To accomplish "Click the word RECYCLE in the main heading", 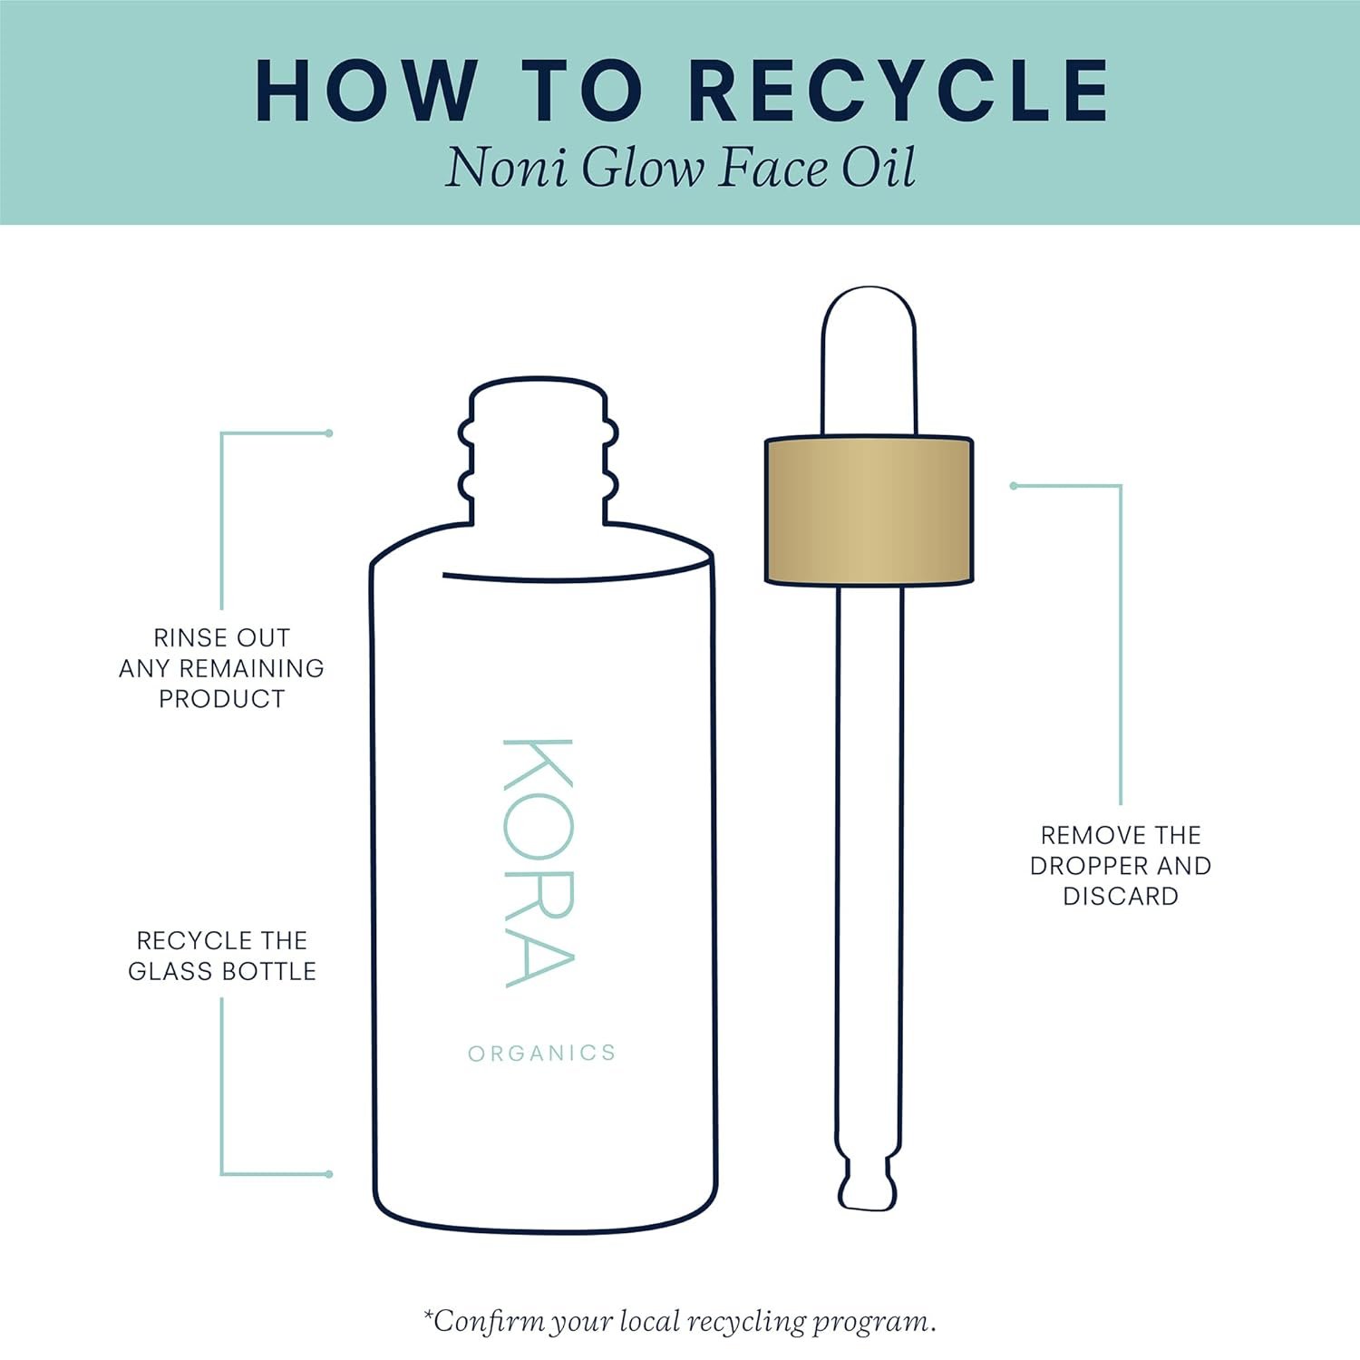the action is tap(899, 90).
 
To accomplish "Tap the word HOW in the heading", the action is tap(364, 90).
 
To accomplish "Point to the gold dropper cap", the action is tap(869, 510).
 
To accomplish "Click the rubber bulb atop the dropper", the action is tap(869, 361).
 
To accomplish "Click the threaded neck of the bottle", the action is tap(538, 451).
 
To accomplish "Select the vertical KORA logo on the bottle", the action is tap(539, 862).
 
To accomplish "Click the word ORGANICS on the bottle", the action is tap(542, 1053).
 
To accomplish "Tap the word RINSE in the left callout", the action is tap(188, 637).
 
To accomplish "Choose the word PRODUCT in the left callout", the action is tap(222, 699).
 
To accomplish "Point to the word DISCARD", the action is tap(1121, 896).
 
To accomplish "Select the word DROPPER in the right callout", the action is tap(1089, 866).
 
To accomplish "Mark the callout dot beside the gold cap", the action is tap(1014, 486).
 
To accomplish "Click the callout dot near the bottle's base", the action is tap(328, 1174).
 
